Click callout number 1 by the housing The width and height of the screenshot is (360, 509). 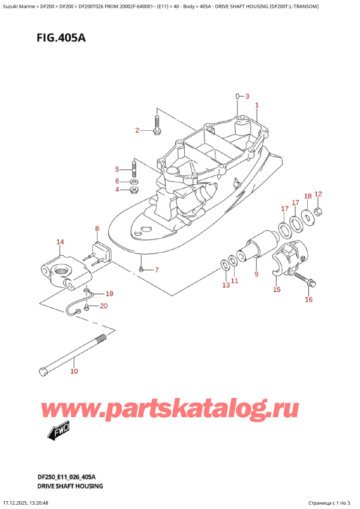(x=256, y=106)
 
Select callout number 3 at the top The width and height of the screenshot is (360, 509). (x=248, y=95)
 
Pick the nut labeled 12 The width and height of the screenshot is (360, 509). (x=319, y=211)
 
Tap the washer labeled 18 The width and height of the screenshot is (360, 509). (x=307, y=216)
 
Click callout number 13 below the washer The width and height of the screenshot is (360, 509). (x=225, y=285)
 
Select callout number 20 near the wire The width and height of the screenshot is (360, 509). (x=104, y=307)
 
